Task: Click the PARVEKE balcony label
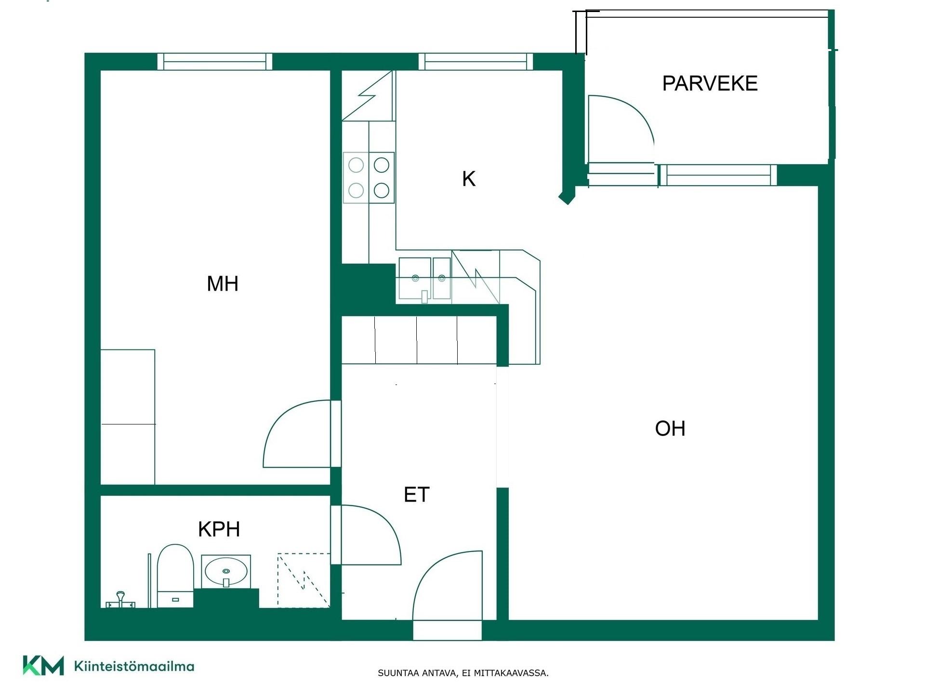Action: click(x=710, y=83)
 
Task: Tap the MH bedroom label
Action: click(x=223, y=283)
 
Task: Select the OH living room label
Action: click(x=670, y=428)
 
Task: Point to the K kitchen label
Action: click(x=469, y=179)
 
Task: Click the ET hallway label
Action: click(x=416, y=495)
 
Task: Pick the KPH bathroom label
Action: click(x=219, y=529)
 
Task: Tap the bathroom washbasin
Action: click(x=226, y=571)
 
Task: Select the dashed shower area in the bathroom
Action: click(x=304, y=580)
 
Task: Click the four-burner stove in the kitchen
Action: click(x=369, y=178)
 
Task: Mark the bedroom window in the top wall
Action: click(x=215, y=62)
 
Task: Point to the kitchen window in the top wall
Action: click(x=476, y=62)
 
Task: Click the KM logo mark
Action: click(x=43, y=666)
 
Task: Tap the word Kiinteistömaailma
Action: click(x=134, y=667)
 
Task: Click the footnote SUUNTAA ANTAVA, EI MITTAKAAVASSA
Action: click(x=463, y=673)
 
